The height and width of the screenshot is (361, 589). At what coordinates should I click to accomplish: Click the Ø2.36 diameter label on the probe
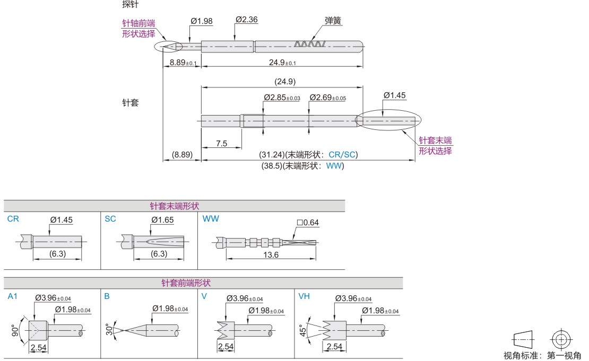tap(246, 20)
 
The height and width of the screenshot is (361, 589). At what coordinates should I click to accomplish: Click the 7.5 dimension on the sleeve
tap(221, 144)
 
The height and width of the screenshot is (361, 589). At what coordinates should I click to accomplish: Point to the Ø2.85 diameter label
tap(281, 98)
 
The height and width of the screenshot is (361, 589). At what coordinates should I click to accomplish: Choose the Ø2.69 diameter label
tap(327, 98)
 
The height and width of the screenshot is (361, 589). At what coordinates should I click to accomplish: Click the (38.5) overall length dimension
tap(303, 165)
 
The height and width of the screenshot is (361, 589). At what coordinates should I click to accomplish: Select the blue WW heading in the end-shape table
tap(210, 218)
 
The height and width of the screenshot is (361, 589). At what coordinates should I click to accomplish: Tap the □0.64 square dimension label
tap(308, 223)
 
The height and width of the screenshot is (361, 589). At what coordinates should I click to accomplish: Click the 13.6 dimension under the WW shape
tap(271, 255)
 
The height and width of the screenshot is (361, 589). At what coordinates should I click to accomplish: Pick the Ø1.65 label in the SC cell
tap(162, 219)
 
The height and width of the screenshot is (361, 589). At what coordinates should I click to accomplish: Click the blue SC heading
tap(110, 218)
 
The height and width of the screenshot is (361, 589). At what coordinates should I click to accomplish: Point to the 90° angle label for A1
tap(15, 331)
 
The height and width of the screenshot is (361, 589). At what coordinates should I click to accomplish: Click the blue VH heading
tap(304, 296)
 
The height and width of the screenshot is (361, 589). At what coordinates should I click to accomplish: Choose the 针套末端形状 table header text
tap(175, 206)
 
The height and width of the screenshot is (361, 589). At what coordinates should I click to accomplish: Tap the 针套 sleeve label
tap(130, 103)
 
